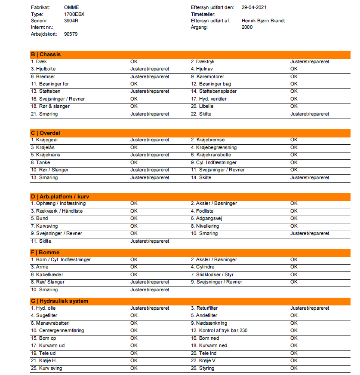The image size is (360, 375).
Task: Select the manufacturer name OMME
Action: pos(71,7)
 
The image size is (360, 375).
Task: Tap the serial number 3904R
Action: pos(71,21)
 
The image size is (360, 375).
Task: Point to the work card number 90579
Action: pos(71,34)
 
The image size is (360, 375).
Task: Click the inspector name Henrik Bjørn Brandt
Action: pos(263,21)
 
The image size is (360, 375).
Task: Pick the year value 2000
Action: pos(247,27)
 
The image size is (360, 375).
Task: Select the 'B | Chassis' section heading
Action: pos(46,55)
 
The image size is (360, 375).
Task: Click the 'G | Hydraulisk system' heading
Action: pos(59,301)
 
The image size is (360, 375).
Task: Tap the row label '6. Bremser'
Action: pos(43,76)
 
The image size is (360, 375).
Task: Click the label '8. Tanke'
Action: pos(41,162)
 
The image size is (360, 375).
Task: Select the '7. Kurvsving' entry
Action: pos(44,226)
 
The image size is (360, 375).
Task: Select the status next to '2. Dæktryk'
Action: pos(309,61)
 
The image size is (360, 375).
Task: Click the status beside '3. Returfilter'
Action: pos(309,308)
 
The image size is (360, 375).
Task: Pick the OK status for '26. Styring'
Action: pos(294,368)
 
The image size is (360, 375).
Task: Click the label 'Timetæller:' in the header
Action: pos(203,14)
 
